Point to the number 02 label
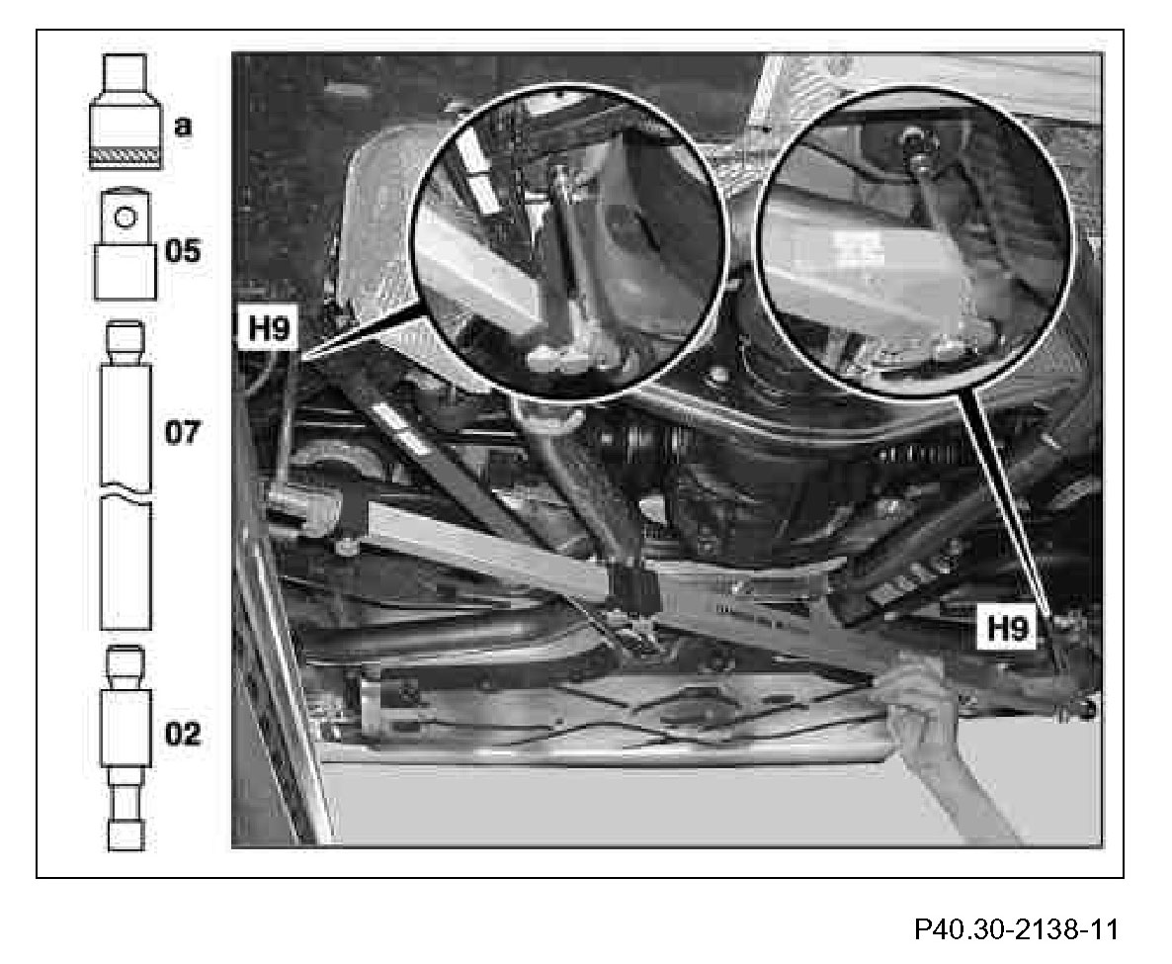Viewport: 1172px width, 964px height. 182,734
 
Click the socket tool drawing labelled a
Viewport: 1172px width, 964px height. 126,111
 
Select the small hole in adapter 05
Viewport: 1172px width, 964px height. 126,212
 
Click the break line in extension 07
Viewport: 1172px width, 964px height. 126,493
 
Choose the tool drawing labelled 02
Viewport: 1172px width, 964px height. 126,746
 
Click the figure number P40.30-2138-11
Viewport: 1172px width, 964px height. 1017,930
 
